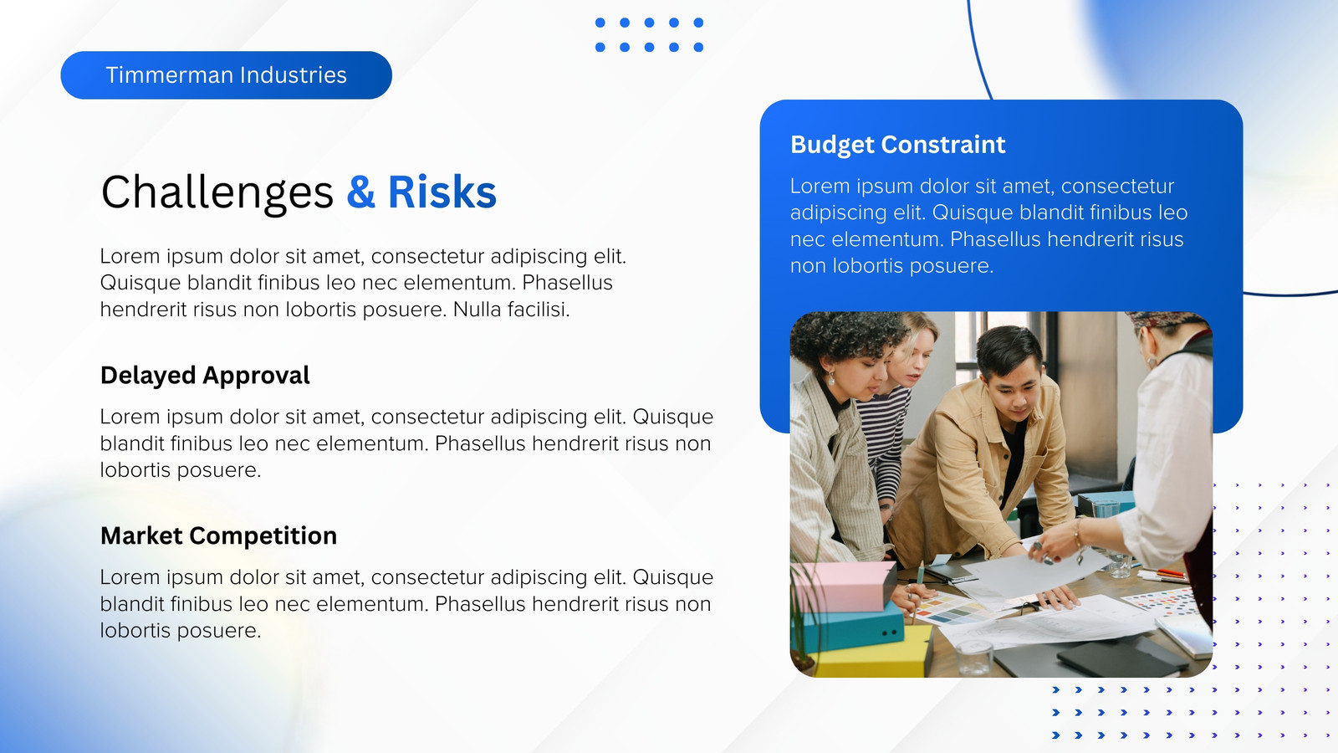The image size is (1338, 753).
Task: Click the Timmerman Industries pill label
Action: (x=226, y=75)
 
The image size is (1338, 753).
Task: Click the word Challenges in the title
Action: (x=217, y=193)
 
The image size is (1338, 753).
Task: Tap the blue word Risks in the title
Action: (x=442, y=192)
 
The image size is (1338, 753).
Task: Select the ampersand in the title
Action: (x=361, y=192)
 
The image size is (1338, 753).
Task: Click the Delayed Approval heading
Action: (x=205, y=376)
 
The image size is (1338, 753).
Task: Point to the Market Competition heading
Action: (x=218, y=535)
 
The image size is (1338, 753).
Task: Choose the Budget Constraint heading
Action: (x=898, y=145)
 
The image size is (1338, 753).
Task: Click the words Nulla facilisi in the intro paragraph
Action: (x=511, y=310)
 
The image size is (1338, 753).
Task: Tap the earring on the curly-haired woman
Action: (x=831, y=379)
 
